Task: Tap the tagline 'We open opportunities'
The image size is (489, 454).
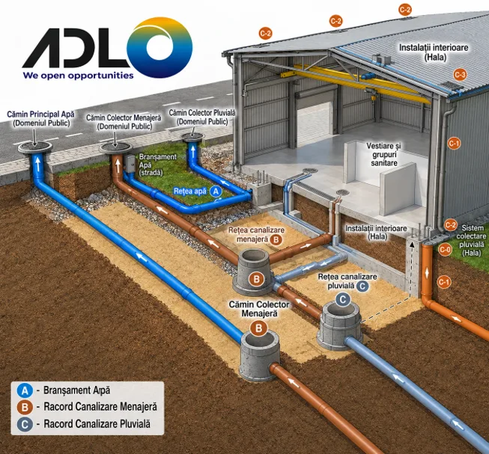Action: pyautogui.click(x=78, y=76)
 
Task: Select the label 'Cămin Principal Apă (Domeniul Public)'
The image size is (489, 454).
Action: pyautogui.click(x=41, y=119)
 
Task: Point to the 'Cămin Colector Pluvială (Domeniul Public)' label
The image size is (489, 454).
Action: pyautogui.click(x=202, y=117)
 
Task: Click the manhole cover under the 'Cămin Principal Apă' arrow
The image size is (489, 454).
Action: pyautogui.click(x=35, y=147)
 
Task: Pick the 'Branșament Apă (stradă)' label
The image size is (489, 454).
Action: pyautogui.click(x=157, y=165)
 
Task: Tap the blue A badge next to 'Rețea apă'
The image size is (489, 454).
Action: pyautogui.click(x=216, y=191)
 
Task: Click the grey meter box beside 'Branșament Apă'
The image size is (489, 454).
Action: pyautogui.click(x=130, y=164)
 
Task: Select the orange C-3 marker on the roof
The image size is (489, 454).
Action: pyautogui.click(x=460, y=75)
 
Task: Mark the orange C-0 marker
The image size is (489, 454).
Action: pyautogui.click(x=445, y=249)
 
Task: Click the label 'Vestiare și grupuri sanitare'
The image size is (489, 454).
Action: pyautogui.click(x=384, y=154)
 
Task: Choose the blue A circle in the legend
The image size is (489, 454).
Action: pyautogui.click(x=25, y=390)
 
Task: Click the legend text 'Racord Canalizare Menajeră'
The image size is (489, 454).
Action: pyautogui.click(x=100, y=407)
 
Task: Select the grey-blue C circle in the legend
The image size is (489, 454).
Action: pyautogui.click(x=25, y=424)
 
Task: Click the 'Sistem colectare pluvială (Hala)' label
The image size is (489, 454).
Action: pyautogui.click(x=471, y=240)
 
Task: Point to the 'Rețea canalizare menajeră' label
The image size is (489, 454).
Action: pyautogui.click(x=256, y=234)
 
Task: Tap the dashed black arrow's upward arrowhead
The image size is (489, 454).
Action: pyautogui.click(x=412, y=245)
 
